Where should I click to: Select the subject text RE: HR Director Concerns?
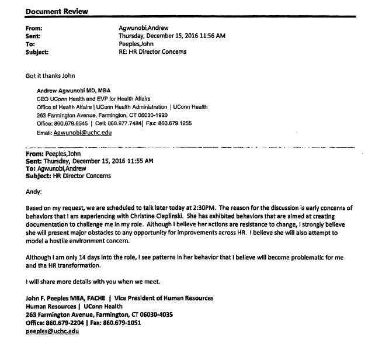[152, 51]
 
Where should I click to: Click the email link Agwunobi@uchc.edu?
[82, 133]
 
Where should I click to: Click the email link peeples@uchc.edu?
[52, 331]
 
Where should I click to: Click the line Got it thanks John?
[50, 76]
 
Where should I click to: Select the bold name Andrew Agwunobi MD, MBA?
[74, 91]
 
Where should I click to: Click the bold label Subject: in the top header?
[37, 51]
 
